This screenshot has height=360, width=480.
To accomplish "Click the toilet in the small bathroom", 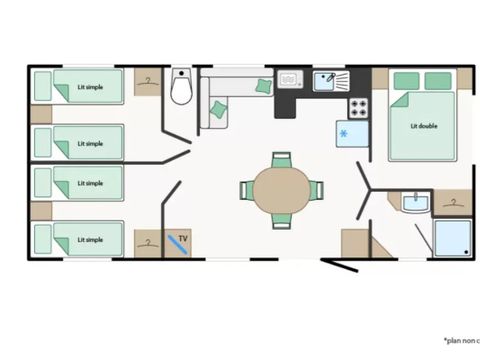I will [181, 89].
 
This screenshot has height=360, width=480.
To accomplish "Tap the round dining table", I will [281, 188].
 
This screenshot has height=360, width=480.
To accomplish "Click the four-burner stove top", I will [358, 108].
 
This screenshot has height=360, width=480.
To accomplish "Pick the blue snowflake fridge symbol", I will [343, 133].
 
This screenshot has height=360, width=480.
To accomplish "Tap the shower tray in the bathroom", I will [453, 237].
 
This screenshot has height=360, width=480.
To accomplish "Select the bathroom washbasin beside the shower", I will [414, 206].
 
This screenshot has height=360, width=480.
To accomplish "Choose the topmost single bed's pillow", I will [43, 86].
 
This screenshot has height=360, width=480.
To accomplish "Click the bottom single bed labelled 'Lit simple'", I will [80, 239].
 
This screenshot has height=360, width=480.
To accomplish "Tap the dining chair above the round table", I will [281, 159].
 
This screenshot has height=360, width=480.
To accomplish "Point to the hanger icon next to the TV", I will [147, 242].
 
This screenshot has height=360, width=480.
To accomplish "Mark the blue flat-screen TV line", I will [177, 242].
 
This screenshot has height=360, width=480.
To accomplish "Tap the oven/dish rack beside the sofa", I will [289, 78].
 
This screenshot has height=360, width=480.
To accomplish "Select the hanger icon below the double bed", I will [454, 204].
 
